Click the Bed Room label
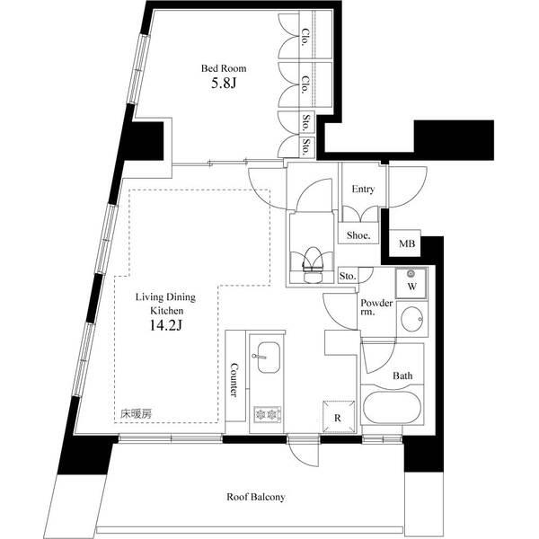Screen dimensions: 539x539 (224, 68)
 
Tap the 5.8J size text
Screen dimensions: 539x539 (224, 85)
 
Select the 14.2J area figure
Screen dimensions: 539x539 (166, 325)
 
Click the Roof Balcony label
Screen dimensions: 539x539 (255, 497)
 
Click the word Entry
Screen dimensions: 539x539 (363, 190)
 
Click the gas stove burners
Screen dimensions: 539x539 (267, 413)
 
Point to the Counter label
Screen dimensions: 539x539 (234, 380)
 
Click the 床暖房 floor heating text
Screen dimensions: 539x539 (137, 414)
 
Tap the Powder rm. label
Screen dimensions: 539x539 (376, 309)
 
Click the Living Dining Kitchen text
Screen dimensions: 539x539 (166, 303)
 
